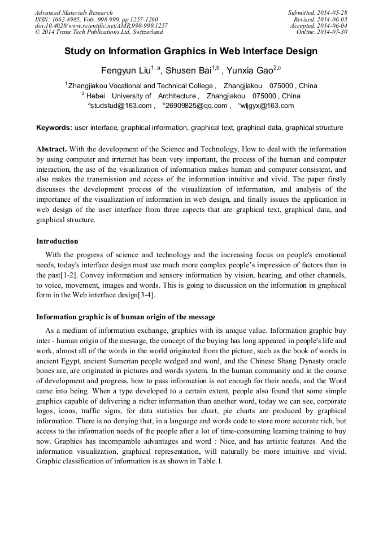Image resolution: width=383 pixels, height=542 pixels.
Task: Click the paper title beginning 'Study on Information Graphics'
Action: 191,51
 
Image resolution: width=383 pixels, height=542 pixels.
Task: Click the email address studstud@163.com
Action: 120,106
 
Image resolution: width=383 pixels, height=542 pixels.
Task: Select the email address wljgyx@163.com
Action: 267,106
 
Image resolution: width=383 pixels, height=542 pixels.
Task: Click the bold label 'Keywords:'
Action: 54,128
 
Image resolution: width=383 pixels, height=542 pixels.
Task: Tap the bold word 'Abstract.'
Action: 51,149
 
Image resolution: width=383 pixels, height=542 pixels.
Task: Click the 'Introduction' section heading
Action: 57,241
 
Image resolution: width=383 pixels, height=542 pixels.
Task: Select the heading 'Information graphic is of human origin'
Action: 125,316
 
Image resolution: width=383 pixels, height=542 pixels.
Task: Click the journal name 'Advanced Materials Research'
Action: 73,12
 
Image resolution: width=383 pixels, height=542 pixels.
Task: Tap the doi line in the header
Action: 101,25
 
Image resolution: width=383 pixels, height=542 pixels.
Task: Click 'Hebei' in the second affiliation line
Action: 96,96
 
